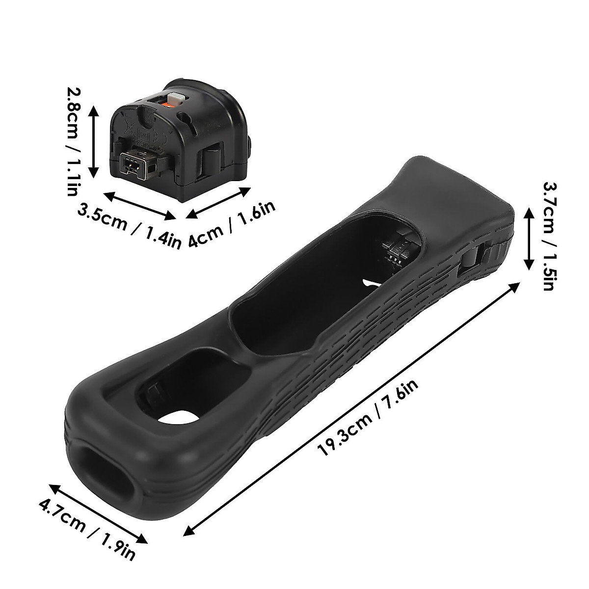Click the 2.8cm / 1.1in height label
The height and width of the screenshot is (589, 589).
point(72,141)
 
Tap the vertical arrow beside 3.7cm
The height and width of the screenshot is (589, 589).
point(529,238)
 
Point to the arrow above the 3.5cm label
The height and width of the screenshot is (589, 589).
point(140,205)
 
